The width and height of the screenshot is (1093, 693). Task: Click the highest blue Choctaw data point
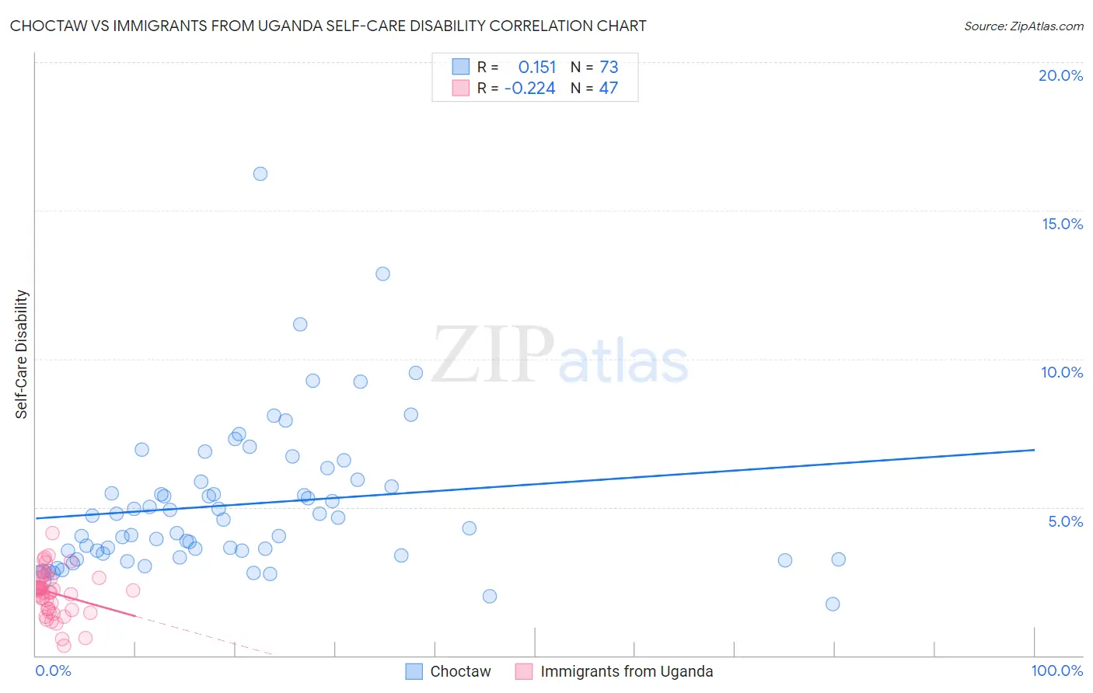pyautogui.click(x=260, y=174)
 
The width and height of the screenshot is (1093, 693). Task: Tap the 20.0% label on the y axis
pyautogui.click(x=1060, y=75)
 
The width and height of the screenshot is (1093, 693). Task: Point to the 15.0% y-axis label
pyautogui.click(x=1062, y=224)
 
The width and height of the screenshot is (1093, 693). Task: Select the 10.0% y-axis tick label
pyautogui.click(x=1062, y=372)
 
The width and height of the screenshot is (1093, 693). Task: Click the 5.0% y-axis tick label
pyautogui.click(x=1065, y=521)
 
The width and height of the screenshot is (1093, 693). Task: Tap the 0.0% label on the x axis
pyautogui.click(x=53, y=670)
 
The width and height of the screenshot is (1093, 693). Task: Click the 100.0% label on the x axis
pyautogui.click(x=1056, y=670)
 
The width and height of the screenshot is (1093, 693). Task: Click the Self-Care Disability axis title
pyautogui.click(x=22, y=354)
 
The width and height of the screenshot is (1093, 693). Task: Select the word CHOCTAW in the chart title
pyautogui.click(x=46, y=26)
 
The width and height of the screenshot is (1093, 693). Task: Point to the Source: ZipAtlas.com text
pyautogui.click(x=1023, y=26)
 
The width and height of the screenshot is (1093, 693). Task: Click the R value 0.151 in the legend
pyautogui.click(x=537, y=68)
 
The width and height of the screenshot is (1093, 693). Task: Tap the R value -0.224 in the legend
pyautogui.click(x=529, y=89)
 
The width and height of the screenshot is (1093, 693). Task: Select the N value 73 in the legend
pyautogui.click(x=609, y=68)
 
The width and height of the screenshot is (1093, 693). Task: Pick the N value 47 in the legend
pyautogui.click(x=609, y=89)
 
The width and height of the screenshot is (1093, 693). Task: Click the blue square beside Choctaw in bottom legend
pyautogui.click(x=414, y=671)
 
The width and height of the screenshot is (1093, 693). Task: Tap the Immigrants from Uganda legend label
pyautogui.click(x=627, y=671)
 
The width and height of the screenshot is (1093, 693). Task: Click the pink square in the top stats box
pyautogui.click(x=461, y=88)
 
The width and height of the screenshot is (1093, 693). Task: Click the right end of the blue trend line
pyautogui.click(x=1034, y=450)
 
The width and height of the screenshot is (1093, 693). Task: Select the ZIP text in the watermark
pyautogui.click(x=493, y=356)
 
